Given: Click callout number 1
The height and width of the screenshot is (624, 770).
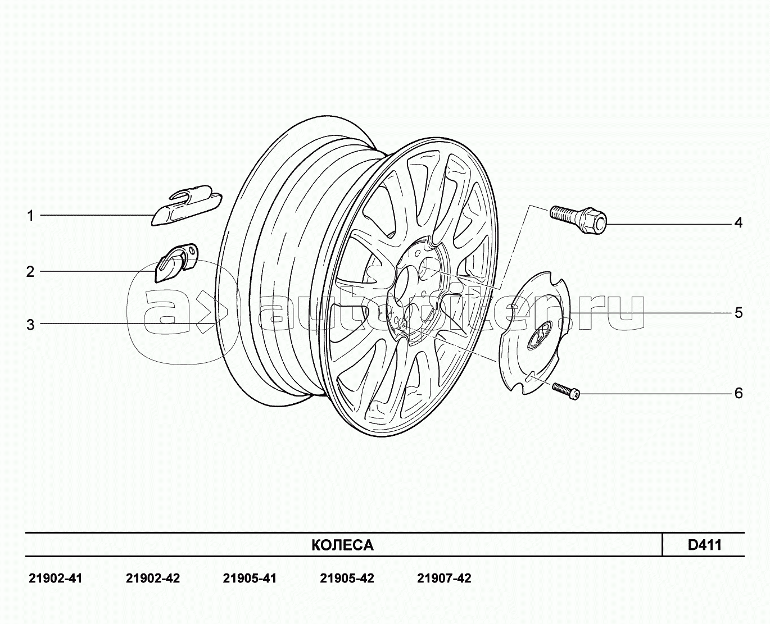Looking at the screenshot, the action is coord(30,216).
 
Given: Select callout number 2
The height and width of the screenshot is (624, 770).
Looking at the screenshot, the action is coord(30,272).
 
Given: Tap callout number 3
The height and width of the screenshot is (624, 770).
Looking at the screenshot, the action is coord(30,325).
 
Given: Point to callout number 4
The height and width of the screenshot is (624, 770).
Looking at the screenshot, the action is coord(738,223).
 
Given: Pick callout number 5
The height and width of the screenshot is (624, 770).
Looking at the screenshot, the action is coord(739,313).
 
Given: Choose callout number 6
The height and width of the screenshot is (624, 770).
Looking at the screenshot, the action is coord(739,393).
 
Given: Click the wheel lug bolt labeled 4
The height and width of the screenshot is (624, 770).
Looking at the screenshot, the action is coord(578,220).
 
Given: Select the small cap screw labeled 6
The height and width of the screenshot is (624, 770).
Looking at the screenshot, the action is coord(566,391).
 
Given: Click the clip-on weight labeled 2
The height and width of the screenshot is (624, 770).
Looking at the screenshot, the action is coord(176,262).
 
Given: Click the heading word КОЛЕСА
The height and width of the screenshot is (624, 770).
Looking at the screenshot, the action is coord(342,545).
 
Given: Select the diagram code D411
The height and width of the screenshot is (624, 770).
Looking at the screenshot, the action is coord(705,545).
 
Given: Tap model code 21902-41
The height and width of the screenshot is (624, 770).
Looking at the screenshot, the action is coord(55,579).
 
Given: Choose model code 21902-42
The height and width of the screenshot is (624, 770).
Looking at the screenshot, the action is coord(152,579).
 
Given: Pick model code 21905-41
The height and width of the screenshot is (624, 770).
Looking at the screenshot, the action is coord(250,579).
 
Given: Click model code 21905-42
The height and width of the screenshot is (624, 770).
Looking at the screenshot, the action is coord(347,579).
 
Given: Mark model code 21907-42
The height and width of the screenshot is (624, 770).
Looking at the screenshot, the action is coord(444,579).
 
